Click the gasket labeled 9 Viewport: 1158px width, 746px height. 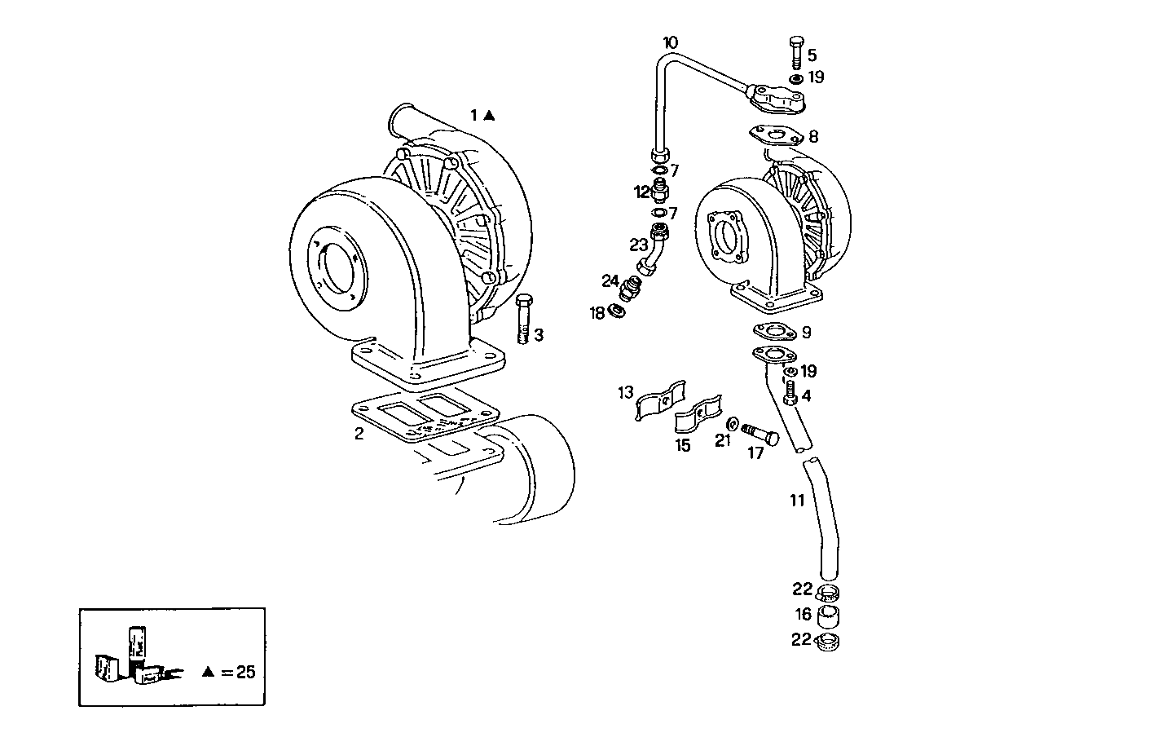tap(773, 331)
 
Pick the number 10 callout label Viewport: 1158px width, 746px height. tap(669, 42)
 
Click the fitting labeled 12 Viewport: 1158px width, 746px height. tap(660, 192)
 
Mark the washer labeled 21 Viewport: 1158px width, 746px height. tap(732, 424)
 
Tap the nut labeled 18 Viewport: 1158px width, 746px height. tap(619, 311)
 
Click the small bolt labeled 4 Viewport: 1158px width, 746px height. tap(789, 394)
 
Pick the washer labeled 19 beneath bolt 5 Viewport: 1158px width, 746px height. tap(795, 78)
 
